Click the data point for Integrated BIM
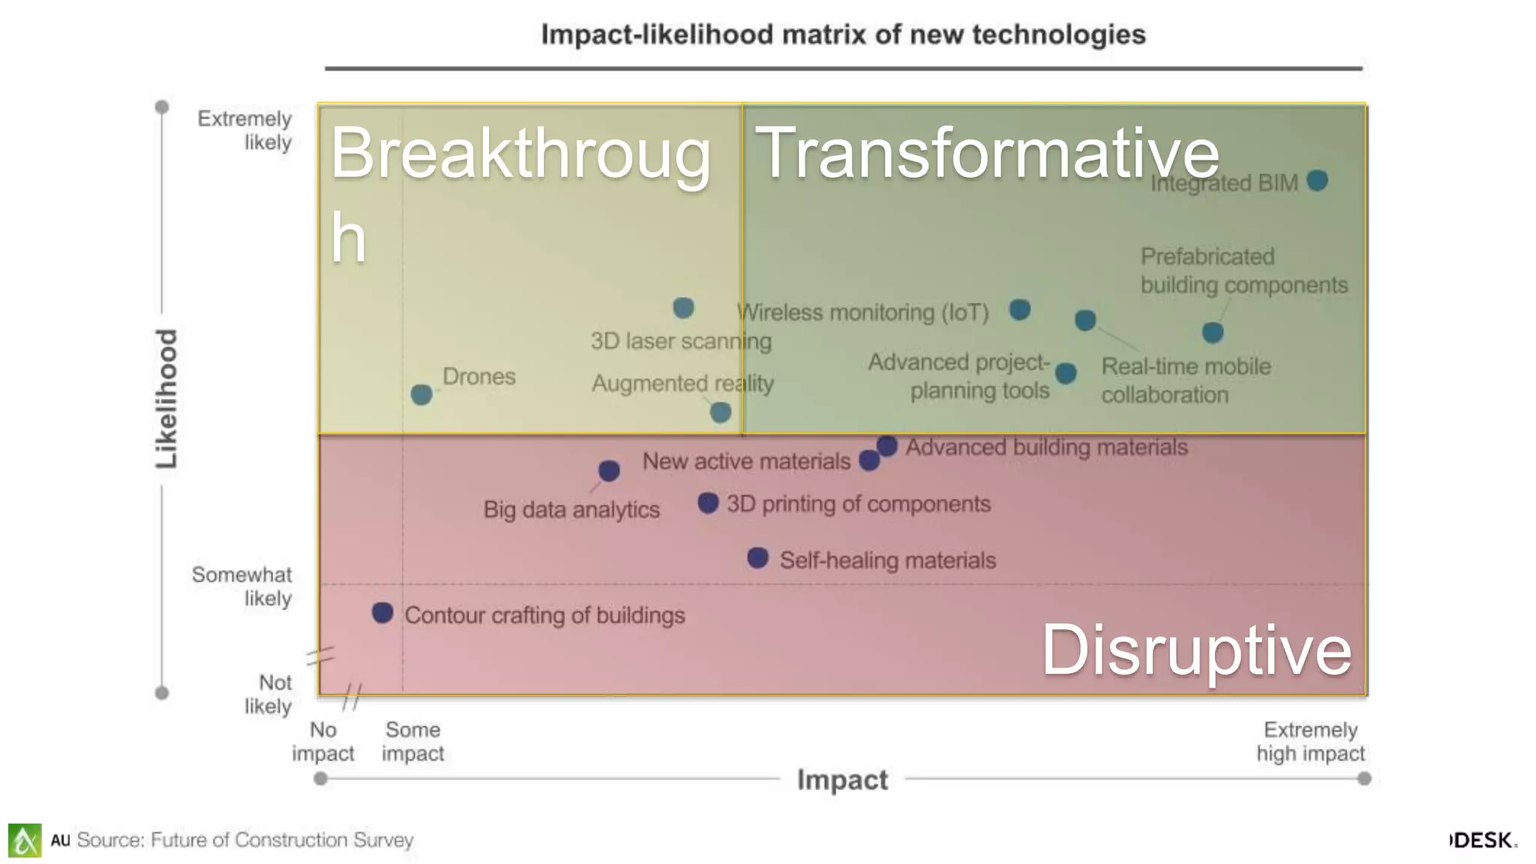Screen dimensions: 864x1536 pos(1317,181)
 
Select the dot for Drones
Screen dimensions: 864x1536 pos(421,394)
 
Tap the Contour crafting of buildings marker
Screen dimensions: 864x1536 pos(382,613)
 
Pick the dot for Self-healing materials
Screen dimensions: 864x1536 pos(757,558)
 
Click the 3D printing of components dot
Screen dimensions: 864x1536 pos(708,502)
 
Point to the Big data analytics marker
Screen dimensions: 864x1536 pos(609,471)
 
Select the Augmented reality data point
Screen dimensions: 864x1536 pos(720,412)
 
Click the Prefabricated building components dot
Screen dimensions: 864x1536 pos(1213,332)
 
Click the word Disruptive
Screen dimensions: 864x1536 pos(1196,649)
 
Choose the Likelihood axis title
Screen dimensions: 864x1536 pos(166,399)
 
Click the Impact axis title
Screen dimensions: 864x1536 pos(842,780)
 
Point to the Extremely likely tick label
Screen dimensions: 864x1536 pos(244,130)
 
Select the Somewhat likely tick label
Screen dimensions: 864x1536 pos(242,586)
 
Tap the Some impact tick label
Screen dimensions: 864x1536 pos(412,741)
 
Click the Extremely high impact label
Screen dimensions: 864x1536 pos(1310,741)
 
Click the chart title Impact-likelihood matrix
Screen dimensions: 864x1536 pos(843,34)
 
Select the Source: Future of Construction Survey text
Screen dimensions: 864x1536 pos(244,840)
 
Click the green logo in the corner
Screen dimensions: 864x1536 pos(25,840)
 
